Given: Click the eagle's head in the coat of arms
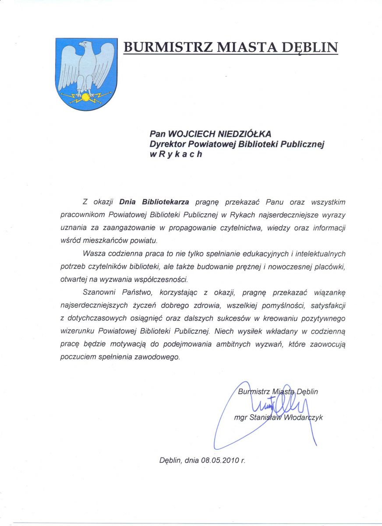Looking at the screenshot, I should (85, 45).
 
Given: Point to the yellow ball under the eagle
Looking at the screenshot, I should (85, 96).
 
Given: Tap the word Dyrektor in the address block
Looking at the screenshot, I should (167, 144).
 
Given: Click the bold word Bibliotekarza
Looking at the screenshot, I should (166, 202).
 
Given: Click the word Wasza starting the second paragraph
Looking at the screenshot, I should (93, 253).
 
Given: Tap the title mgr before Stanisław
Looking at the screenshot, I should (241, 418).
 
